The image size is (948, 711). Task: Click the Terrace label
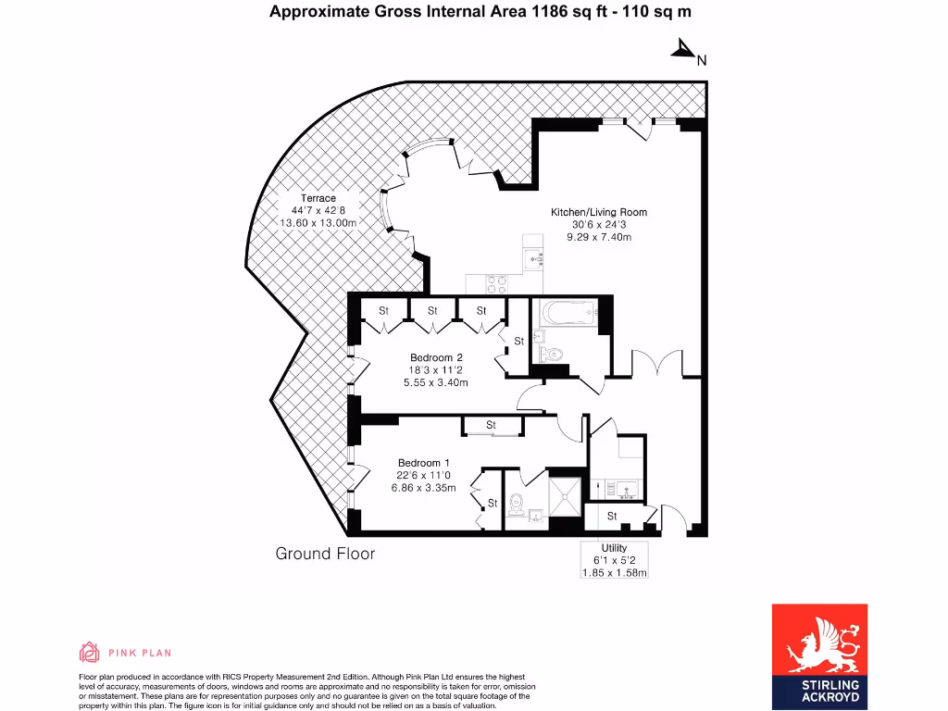pyautogui.click(x=318, y=198)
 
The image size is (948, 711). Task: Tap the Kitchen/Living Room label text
pyautogui.click(x=599, y=212)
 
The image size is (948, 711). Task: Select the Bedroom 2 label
pyautogui.click(x=436, y=357)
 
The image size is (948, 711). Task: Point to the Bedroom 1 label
pyautogui.click(x=424, y=463)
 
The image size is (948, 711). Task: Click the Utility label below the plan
pyautogui.click(x=614, y=548)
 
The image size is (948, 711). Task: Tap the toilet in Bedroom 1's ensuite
pyautogui.click(x=517, y=504)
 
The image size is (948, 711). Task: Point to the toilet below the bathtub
pyautogui.click(x=553, y=353)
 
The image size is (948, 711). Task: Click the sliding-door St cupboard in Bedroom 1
pyautogui.click(x=492, y=425)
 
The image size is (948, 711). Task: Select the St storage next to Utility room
pyautogui.click(x=612, y=516)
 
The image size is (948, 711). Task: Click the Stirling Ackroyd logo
pyautogui.click(x=819, y=655)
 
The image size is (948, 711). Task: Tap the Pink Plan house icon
pyautogui.click(x=90, y=652)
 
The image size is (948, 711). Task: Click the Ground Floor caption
pyautogui.click(x=325, y=554)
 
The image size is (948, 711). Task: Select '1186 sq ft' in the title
pyautogui.click(x=567, y=12)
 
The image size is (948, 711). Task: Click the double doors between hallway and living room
pyautogui.click(x=658, y=363)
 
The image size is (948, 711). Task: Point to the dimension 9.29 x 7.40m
pyautogui.click(x=599, y=237)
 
